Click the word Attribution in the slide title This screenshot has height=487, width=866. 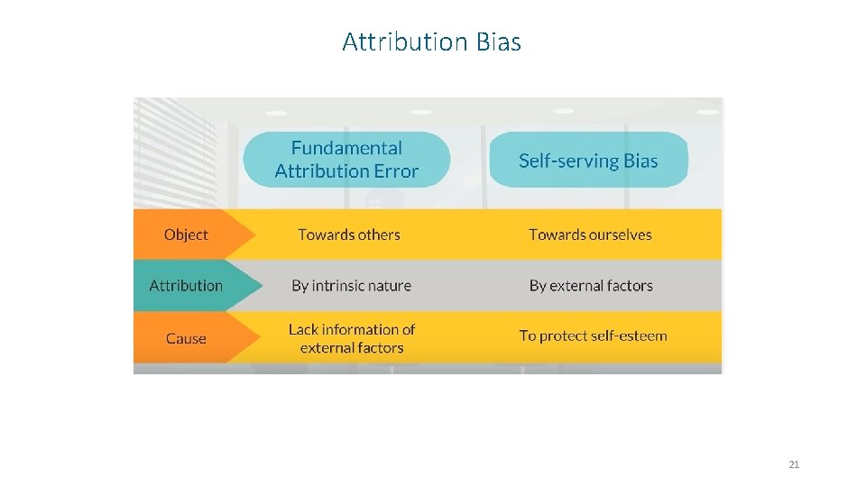(405, 42)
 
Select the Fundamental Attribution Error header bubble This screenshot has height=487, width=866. (346, 160)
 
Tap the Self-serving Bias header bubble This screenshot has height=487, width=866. (588, 161)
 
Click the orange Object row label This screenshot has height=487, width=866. (186, 234)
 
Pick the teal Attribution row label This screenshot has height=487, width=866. (186, 286)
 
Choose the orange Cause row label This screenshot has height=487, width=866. (186, 338)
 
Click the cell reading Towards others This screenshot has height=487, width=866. (349, 234)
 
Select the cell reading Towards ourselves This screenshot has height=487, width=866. (590, 234)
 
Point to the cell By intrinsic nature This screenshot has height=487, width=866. (351, 286)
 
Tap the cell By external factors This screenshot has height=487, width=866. (591, 286)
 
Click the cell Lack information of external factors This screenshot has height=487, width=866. (352, 338)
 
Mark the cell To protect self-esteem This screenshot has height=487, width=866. (593, 335)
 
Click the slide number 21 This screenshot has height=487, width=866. (794, 464)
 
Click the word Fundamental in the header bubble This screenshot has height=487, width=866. (346, 148)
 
